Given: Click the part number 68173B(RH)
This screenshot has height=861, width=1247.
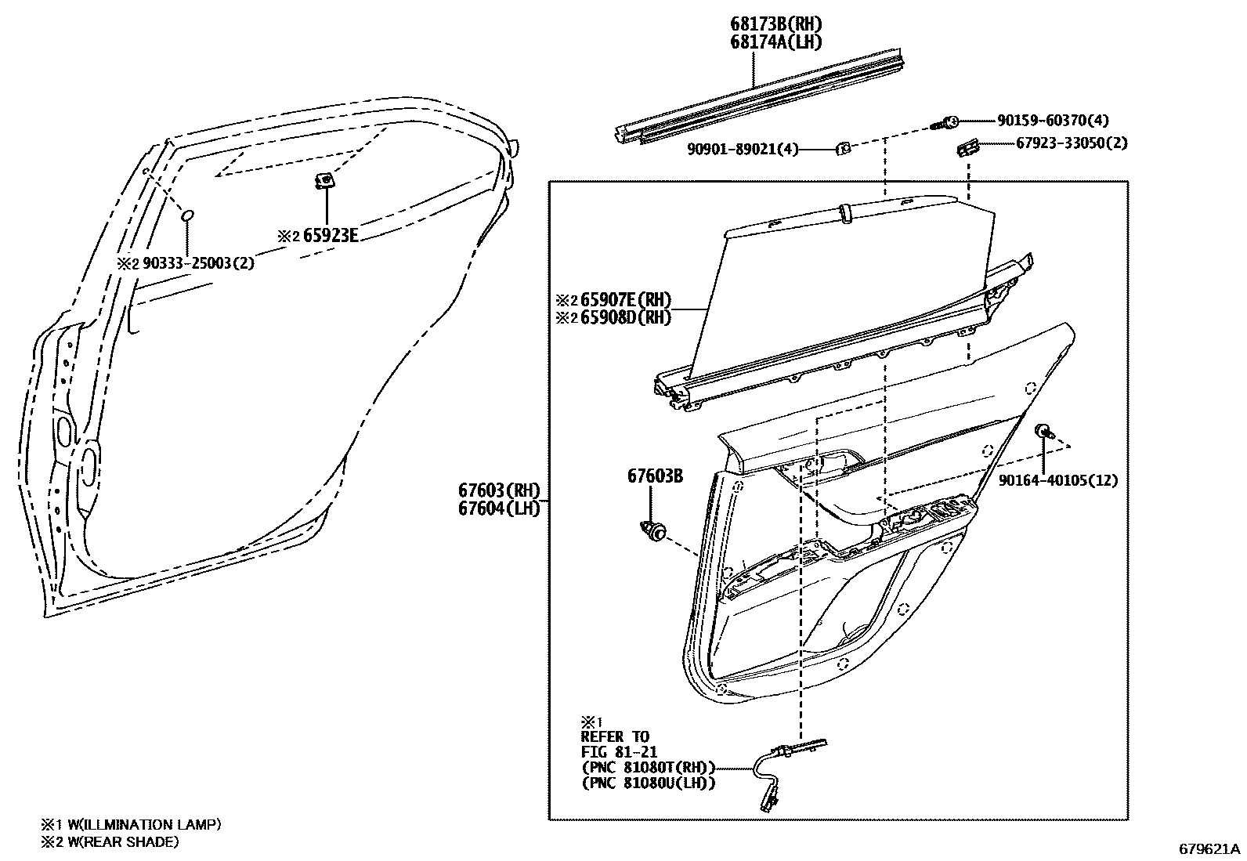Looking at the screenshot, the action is [776, 24].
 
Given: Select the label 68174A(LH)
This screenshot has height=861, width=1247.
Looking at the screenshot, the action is [776, 42].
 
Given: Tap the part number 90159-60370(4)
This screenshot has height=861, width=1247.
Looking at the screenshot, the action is [1053, 121].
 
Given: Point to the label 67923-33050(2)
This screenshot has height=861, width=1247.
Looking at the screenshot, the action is [1072, 143].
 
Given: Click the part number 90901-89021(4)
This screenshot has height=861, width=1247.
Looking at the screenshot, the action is [743, 150].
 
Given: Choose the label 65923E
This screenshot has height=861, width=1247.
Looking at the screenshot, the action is [330, 236].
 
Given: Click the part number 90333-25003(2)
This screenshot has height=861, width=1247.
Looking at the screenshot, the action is [198, 263].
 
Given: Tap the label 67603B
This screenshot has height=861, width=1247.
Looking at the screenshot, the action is [655, 476].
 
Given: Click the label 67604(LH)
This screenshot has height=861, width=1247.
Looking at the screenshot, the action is [500, 508].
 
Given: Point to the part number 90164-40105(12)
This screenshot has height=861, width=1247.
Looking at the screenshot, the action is [1057, 480].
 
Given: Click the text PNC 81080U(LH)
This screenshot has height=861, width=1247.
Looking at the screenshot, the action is [649, 783].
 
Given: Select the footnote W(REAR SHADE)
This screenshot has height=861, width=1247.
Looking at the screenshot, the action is [123, 841].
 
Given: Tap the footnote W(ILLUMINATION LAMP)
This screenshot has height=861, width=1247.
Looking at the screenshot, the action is [144, 824].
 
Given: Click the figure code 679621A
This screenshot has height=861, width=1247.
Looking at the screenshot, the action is [1209, 848].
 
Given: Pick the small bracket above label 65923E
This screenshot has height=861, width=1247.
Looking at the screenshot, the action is [325, 180].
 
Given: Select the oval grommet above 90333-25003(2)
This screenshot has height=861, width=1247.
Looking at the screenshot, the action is [188, 215].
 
